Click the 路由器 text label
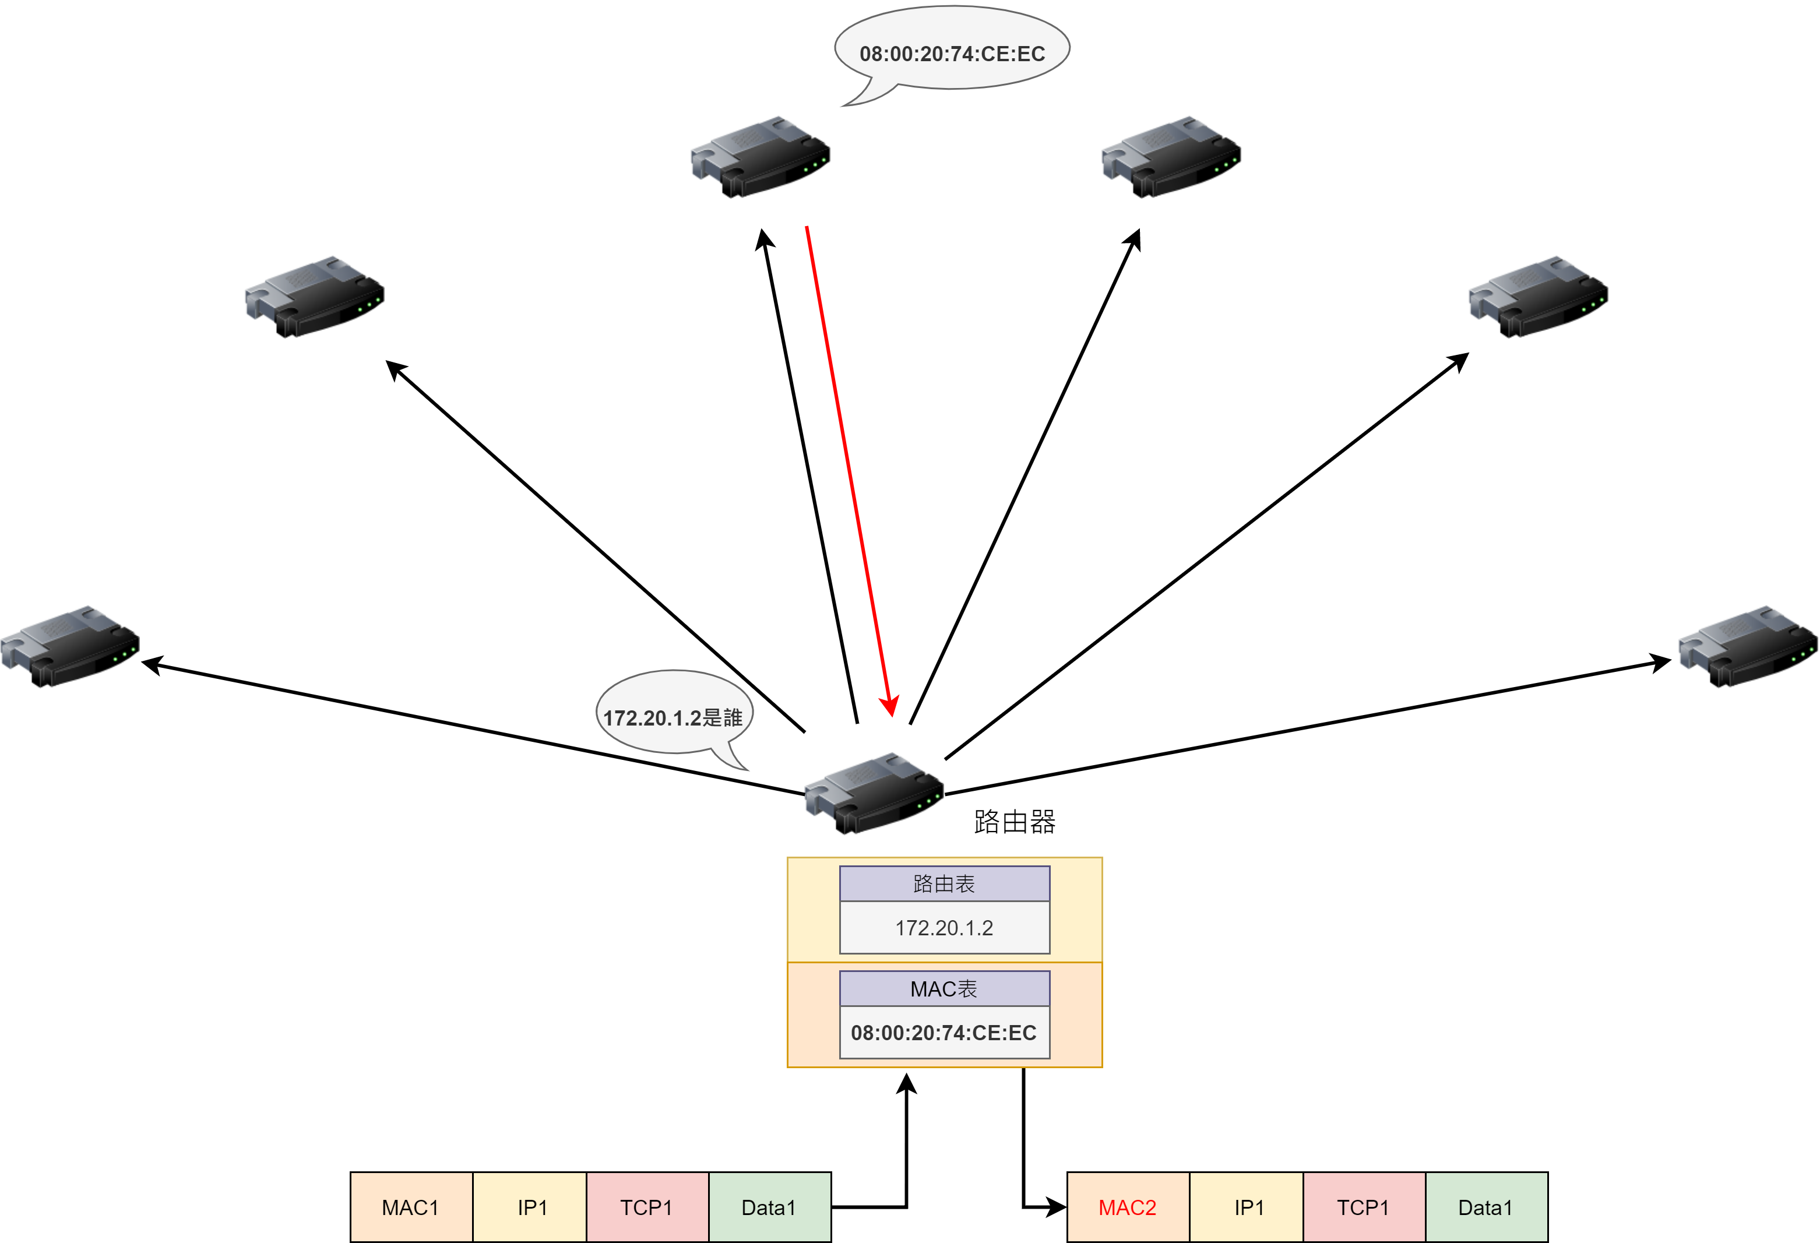point(1015,822)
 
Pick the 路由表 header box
point(945,884)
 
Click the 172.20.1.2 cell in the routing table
point(945,928)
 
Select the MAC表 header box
point(945,990)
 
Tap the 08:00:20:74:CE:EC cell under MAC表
point(945,1033)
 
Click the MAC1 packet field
point(411,1207)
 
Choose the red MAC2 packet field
point(1128,1207)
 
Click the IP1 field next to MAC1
point(530,1207)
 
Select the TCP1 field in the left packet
point(647,1207)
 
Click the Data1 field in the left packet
point(770,1207)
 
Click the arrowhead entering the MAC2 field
point(1057,1207)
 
